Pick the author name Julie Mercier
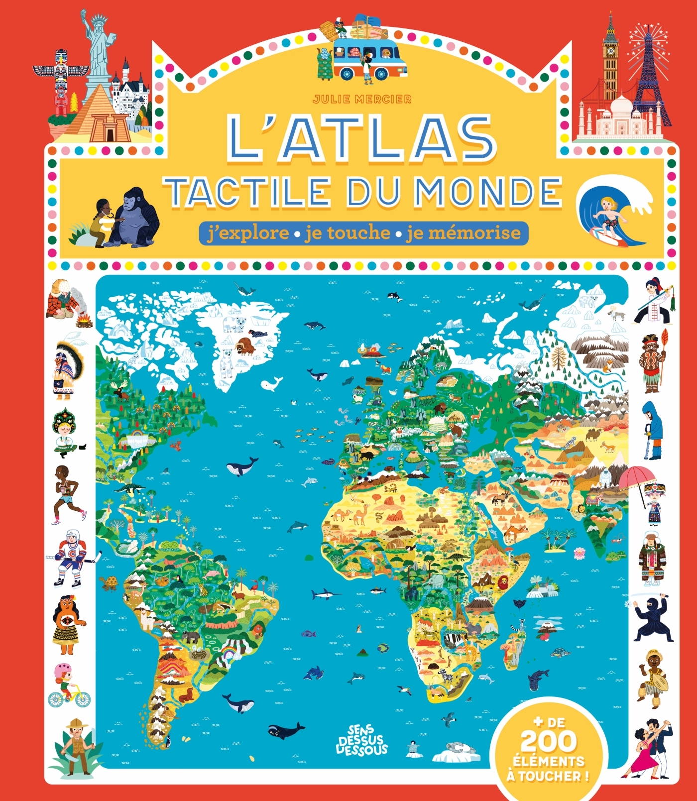tap(362, 100)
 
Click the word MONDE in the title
tap(488, 192)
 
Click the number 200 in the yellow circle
tap(548, 742)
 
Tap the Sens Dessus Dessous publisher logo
tap(362, 741)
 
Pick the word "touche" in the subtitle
tap(348, 233)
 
